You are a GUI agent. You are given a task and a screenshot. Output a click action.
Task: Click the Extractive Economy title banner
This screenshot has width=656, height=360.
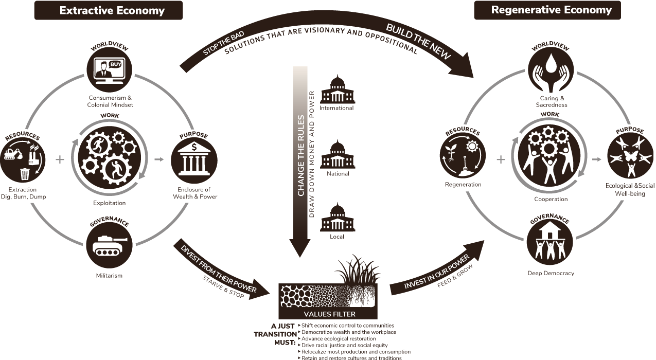point(109,10)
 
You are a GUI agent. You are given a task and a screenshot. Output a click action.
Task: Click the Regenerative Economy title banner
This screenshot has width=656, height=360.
point(547,10)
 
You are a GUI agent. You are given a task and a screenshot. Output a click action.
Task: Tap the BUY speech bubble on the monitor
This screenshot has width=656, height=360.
point(115,64)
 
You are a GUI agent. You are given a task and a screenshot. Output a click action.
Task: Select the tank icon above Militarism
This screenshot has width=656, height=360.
point(110,245)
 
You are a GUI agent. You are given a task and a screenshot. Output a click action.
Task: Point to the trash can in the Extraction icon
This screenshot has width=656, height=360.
point(25,174)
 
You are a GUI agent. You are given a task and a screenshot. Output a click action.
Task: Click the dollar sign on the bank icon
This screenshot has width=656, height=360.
point(194,147)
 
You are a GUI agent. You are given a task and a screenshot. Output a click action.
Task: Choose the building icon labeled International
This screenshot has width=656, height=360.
point(338,89)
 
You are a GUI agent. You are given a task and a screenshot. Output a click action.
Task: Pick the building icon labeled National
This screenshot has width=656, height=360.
point(338,154)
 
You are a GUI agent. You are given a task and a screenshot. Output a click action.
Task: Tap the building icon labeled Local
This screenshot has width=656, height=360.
point(338,217)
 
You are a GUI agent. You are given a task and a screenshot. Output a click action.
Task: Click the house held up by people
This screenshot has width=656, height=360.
point(549,230)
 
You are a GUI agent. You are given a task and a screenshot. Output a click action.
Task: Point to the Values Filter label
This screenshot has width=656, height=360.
point(329,314)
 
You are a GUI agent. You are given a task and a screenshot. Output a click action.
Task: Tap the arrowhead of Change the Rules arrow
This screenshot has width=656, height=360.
point(300,248)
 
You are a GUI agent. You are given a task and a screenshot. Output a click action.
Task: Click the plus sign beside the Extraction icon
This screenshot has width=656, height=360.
point(60,159)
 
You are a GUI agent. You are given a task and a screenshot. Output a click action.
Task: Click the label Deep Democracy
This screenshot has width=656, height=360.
point(551,273)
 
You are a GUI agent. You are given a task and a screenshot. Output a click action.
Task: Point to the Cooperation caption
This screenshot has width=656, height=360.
point(551,199)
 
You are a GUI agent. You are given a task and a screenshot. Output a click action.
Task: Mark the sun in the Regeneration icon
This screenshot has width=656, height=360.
point(472,146)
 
